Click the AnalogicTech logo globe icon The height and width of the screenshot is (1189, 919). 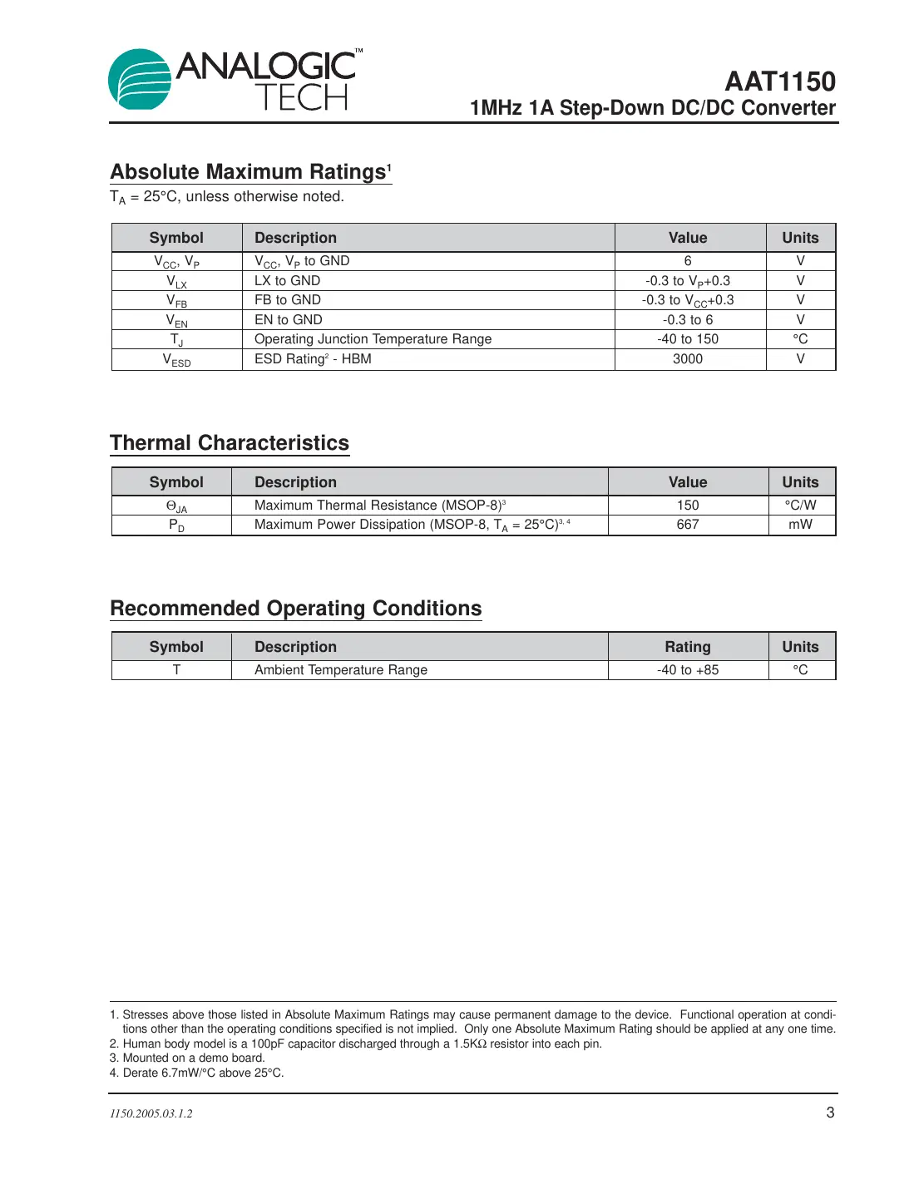(x=140, y=79)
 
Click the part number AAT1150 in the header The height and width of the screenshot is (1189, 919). (x=779, y=81)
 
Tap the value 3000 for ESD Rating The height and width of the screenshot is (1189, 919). (x=688, y=359)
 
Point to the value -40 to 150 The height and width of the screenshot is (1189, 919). (x=688, y=339)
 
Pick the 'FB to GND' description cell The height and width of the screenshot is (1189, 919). (x=287, y=300)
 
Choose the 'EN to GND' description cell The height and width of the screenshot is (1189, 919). (x=288, y=320)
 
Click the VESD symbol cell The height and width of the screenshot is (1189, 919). (x=176, y=360)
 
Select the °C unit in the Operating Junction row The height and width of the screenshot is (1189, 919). (x=800, y=339)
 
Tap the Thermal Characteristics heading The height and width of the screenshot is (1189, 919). (x=230, y=442)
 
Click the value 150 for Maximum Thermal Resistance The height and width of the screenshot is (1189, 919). (x=688, y=506)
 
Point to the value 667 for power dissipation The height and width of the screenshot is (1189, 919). (x=688, y=525)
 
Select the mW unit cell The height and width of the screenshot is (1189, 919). (x=800, y=525)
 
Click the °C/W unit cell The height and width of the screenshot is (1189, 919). (x=800, y=506)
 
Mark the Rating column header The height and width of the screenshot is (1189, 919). (x=688, y=647)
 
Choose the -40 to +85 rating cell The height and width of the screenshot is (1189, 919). (x=688, y=670)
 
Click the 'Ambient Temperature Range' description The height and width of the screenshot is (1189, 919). (x=341, y=670)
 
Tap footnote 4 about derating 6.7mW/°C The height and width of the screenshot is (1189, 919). (x=197, y=1073)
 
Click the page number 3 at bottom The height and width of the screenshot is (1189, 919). (x=830, y=1113)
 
